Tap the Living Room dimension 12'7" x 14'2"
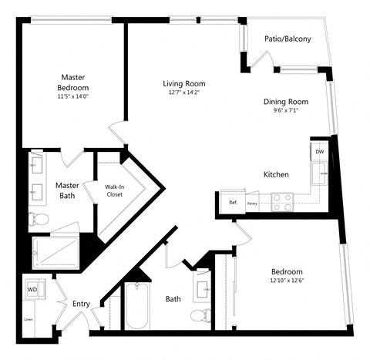coord(183,93)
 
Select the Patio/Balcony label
coord(287,39)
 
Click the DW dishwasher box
coord(319,152)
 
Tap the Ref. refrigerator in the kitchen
coord(232,203)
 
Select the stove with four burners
coord(283,203)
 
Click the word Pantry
coord(252,204)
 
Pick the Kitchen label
coord(277,175)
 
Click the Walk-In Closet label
coord(114,190)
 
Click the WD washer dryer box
coord(32,290)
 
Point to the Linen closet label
coord(29,318)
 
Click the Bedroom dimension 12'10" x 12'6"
coord(286,281)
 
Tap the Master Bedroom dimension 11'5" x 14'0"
coord(74,96)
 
